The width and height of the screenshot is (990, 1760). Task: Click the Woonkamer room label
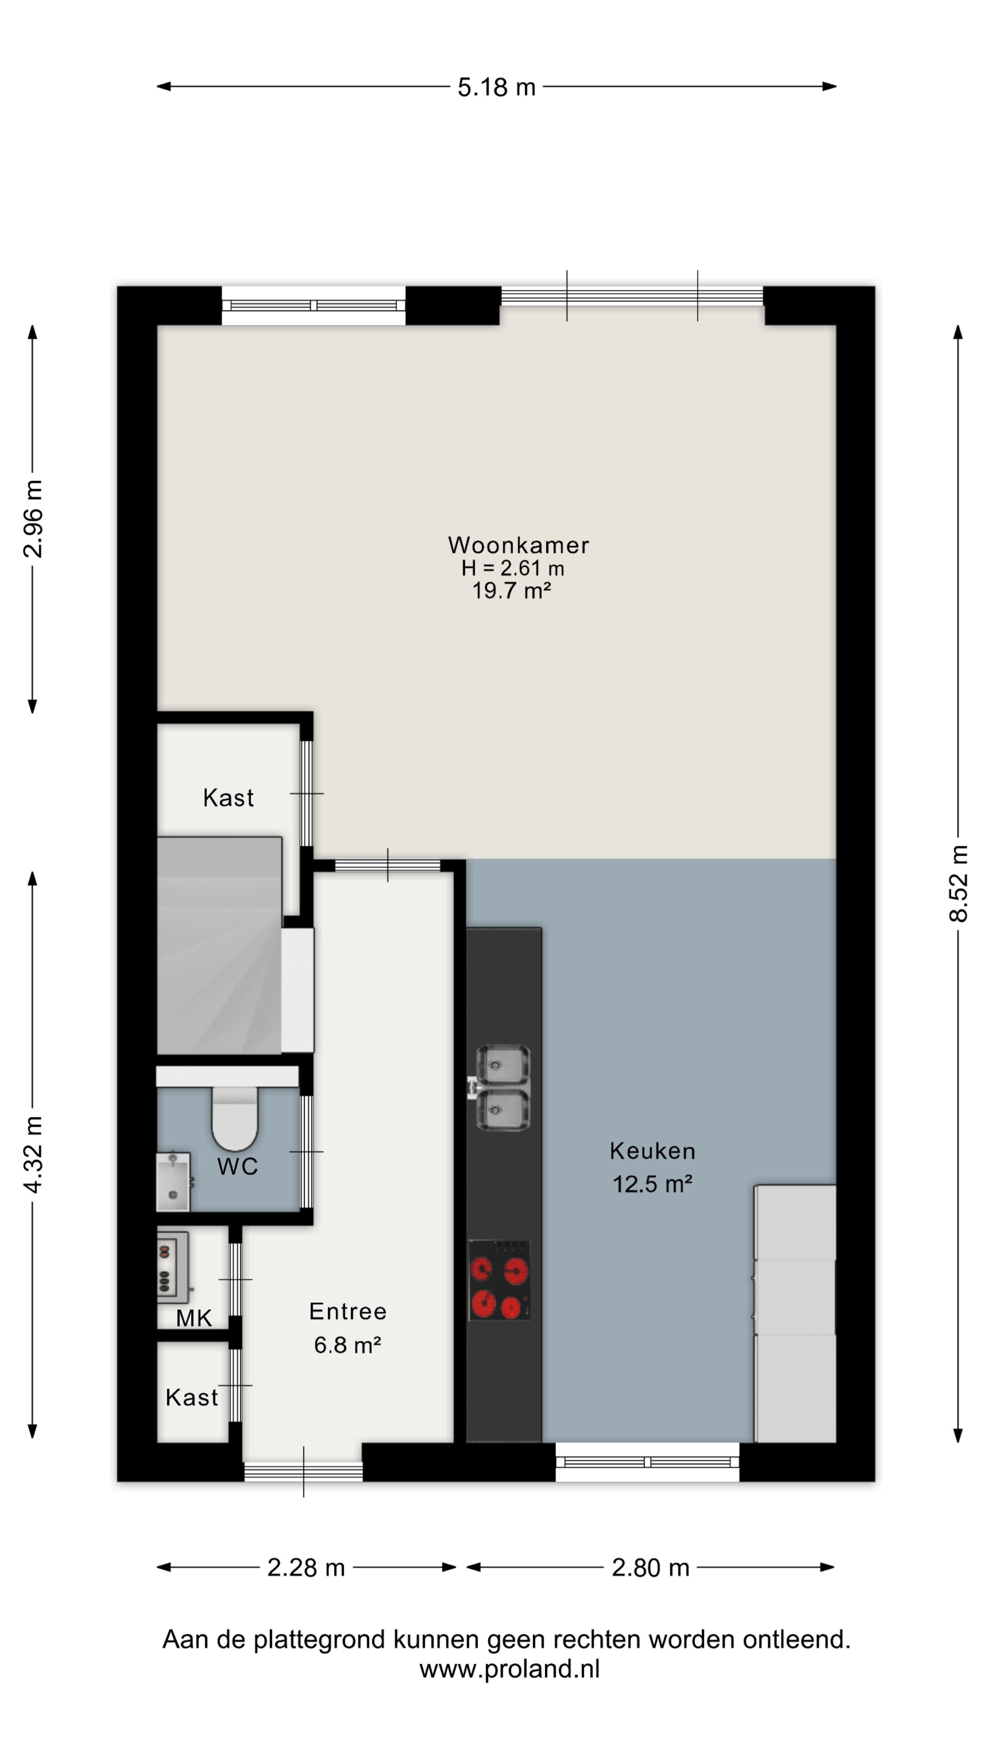(518, 545)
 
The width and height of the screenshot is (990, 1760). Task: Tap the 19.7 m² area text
(512, 590)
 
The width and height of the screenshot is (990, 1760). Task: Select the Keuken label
(653, 1151)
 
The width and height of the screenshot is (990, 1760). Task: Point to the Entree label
(348, 1311)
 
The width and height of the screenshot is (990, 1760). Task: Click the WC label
(238, 1166)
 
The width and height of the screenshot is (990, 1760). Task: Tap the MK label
(194, 1319)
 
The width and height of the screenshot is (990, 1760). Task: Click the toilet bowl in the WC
(234, 1118)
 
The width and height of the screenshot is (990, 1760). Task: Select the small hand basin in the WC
(173, 1182)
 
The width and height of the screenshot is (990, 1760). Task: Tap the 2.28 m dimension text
(306, 1567)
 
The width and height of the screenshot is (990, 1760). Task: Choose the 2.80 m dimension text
(650, 1567)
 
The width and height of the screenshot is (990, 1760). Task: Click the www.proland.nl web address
(510, 1669)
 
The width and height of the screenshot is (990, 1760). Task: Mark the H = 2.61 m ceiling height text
(512, 568)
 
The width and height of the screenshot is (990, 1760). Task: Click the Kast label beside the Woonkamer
(228, 797)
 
